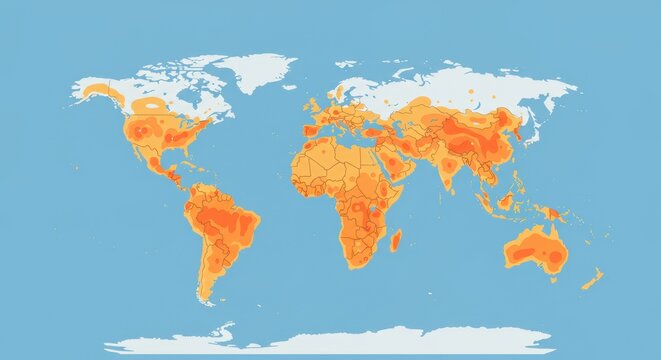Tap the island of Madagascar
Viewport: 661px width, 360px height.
pos(396,240)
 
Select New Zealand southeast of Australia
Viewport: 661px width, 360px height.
pos(592,278)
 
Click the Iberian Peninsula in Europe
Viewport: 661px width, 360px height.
pos(311,130)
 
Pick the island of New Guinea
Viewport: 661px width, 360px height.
pos(549,212)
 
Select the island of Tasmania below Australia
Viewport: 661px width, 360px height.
pos(549,282)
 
